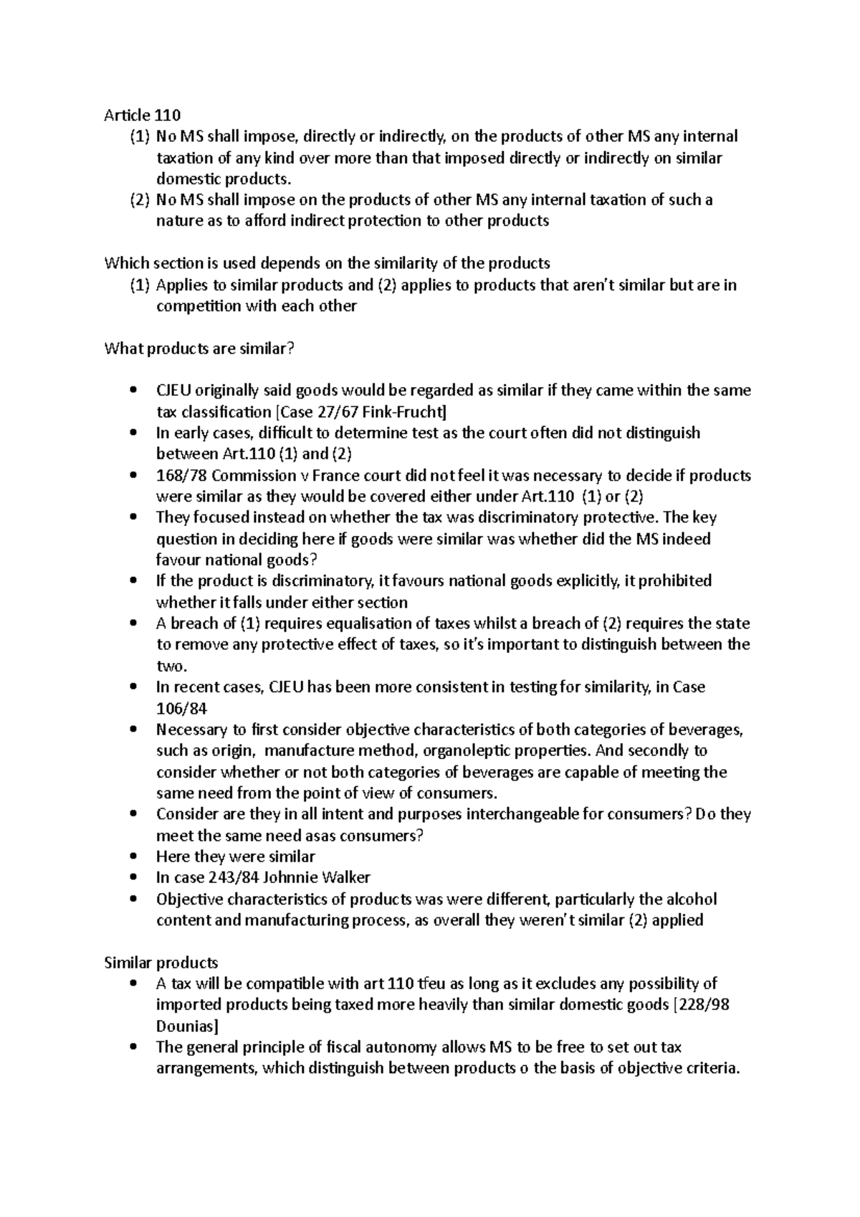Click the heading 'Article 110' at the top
pyautogui.click(x=143, y=115)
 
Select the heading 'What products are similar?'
pyautogui.click(x=199, y=348)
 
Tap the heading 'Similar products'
pyautogui.click(x=161, y=962)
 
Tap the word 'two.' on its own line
pyautogui.click(x=172, y=666)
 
